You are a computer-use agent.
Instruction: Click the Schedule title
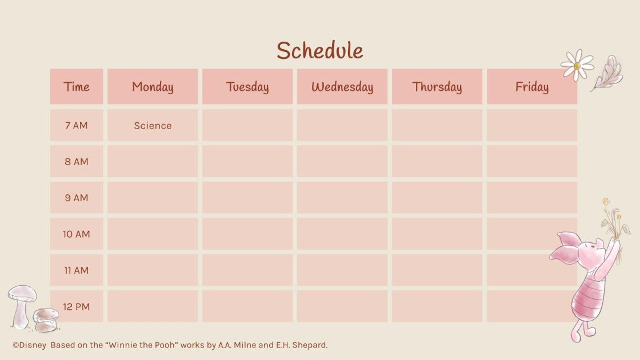(x=319, y=51)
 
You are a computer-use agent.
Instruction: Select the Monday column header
(x=153, y=87)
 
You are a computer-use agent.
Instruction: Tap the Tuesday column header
(x=247, y=87)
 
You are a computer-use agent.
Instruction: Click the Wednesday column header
(x=342, y=87)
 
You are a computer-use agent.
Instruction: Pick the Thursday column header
(x=437, y=87)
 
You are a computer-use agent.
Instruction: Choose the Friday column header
(x=532, y=87)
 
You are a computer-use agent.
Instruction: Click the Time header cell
(x=77, y=87)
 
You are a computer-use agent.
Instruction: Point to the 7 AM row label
(x=77, y=125)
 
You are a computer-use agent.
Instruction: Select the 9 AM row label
(x=77, y=198)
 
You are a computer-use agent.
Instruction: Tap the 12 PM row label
(x=77, y=307)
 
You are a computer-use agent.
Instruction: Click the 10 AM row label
(x=77, y=234)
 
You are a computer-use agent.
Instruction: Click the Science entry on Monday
(x=153, y=126)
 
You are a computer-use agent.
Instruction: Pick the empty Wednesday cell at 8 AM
(x=342, y=161)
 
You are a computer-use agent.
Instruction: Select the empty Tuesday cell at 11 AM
(x=247, y=270)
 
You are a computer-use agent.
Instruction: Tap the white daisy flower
(x=577, y=65)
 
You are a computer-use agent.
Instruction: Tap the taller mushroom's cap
(x=22, y=294)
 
